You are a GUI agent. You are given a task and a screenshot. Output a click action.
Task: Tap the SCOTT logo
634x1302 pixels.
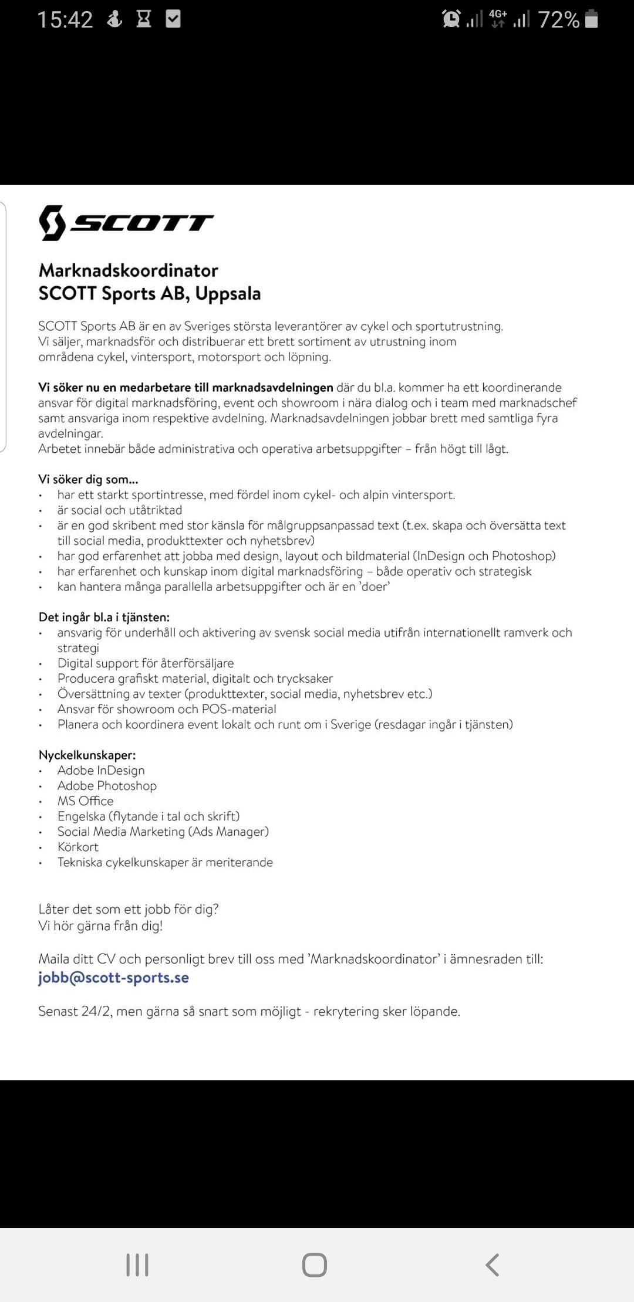tap(126, 223)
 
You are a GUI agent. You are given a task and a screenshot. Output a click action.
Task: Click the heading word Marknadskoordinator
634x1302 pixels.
tap(129, 270)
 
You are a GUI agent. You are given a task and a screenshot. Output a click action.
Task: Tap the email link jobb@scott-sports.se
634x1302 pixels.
tap(113, 978)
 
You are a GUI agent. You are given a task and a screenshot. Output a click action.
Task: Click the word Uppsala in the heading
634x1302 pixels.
tap(228, 293)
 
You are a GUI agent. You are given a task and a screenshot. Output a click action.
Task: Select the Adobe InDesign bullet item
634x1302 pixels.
tap(101, 770)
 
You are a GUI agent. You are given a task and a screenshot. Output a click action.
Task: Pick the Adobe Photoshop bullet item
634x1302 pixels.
tap(107, 785)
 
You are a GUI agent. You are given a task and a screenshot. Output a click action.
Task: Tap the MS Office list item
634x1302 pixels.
tap(85, 801)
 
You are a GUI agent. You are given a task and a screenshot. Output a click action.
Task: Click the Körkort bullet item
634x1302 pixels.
tap(78, 847)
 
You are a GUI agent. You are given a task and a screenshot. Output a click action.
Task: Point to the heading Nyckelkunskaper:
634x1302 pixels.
tap(87, 755)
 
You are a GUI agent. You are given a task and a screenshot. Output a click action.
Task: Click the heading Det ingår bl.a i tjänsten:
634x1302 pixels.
tap(104, 617)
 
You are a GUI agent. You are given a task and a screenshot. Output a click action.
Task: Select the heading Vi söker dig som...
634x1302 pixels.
tap(88, 479)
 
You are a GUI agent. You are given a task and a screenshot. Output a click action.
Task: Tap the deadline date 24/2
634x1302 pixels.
tap(96, 1011)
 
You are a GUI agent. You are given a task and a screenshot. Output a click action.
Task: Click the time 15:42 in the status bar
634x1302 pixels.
tap(65, 20)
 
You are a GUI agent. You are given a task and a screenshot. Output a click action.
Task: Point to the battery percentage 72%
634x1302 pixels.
tap(558, 20)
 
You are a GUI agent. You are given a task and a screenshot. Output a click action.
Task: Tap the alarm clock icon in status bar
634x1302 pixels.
tap(451, 19)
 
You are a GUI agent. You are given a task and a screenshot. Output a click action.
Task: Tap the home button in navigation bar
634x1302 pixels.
tap(315, 1264)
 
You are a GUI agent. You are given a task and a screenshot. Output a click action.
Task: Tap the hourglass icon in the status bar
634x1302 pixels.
tap(144, 19)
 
